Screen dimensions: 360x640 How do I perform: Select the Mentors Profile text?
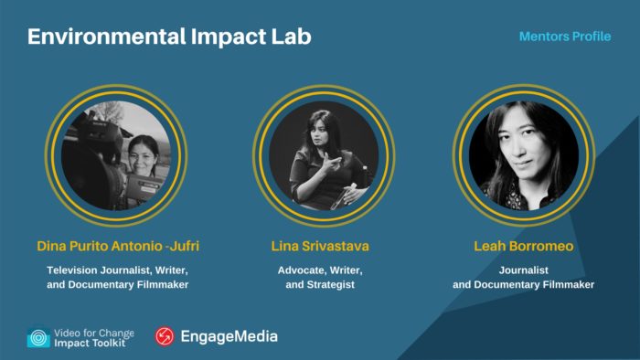pyautogui.click(x=565, y=37)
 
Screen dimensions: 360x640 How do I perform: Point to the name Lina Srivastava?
pyautogui.click(x=319, y=247)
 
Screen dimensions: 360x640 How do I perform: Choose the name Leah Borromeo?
pyautogui.click(x=523, y=247)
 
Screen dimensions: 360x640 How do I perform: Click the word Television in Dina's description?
pyautogui.click(x=78, y=270)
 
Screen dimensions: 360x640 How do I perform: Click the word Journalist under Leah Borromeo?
pyautogui.click(x=523, y=270)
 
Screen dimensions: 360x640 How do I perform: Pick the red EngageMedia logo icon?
pyautogui.click(x=165, y=336)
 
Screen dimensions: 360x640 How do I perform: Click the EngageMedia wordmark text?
pyautogui.click(x=228, y=336)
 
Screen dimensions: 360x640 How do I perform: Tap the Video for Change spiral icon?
pyautogui.click(x=38, y=337)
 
